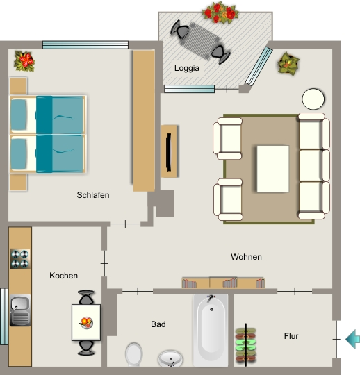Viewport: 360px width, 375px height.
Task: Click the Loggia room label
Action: (x=187, y=68)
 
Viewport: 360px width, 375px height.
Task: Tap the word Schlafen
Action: (x=93, y=195)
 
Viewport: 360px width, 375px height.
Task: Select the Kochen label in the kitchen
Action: (x=64, y=276)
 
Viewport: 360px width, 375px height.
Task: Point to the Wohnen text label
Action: (x=246, y=257)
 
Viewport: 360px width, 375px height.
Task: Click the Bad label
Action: (x=158, y=324)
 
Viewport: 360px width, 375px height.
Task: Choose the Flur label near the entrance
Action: (x=291, y=336)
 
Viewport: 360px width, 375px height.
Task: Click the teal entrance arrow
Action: (x=353, y=339)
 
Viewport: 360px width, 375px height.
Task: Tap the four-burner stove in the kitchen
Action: (x=20, y=259)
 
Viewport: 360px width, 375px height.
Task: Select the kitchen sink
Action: (x=20, y=310)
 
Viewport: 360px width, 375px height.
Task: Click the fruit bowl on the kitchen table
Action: (x=86, y=322)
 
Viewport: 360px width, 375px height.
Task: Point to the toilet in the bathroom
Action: (x=134, y=354)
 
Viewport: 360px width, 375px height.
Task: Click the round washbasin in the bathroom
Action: (x=170, y=358)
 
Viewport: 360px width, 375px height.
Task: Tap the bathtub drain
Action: (x=211, y=310)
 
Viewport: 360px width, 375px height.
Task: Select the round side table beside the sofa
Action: (x=313, y=99)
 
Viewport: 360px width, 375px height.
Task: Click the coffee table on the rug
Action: (x=273, y=169)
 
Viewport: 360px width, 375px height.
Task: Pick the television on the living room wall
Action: (x=169, y=152)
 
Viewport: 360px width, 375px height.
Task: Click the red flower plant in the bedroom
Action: (x=24, y=61)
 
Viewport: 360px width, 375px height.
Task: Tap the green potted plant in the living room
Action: (x=288, y=64)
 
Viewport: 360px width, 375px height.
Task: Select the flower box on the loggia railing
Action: (x=220, y=12)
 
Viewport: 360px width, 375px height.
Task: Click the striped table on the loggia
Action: (x=200, y=41)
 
